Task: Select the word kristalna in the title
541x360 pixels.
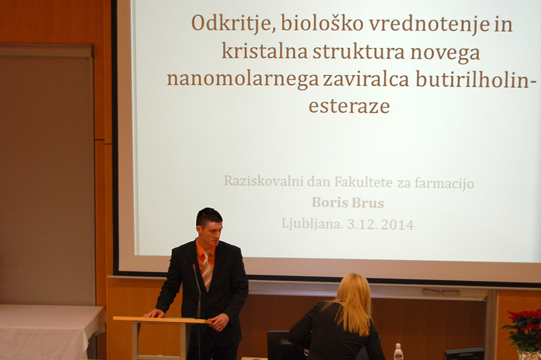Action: pos(264,52)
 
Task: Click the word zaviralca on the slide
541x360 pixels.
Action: pos(366,78)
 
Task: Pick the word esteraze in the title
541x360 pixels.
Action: pos(349,106)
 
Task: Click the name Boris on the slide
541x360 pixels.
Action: pos(330,202)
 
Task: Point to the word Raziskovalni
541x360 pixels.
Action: pos(264,181)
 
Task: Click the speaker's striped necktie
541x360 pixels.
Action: pos(207,271)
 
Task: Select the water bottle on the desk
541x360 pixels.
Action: pos(398,351)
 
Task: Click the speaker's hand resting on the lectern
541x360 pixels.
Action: pos(154,313)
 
